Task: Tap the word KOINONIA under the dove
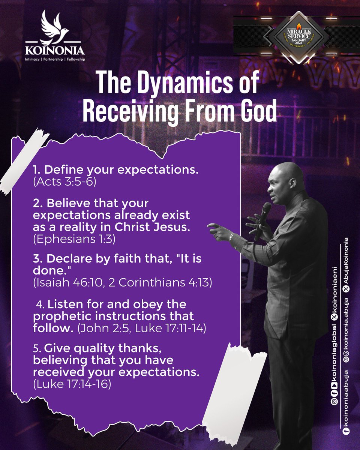coord(55,50)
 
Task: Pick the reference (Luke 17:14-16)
coord(72,384)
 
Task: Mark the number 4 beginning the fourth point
coord(42,304)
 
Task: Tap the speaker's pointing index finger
coord(212,226)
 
